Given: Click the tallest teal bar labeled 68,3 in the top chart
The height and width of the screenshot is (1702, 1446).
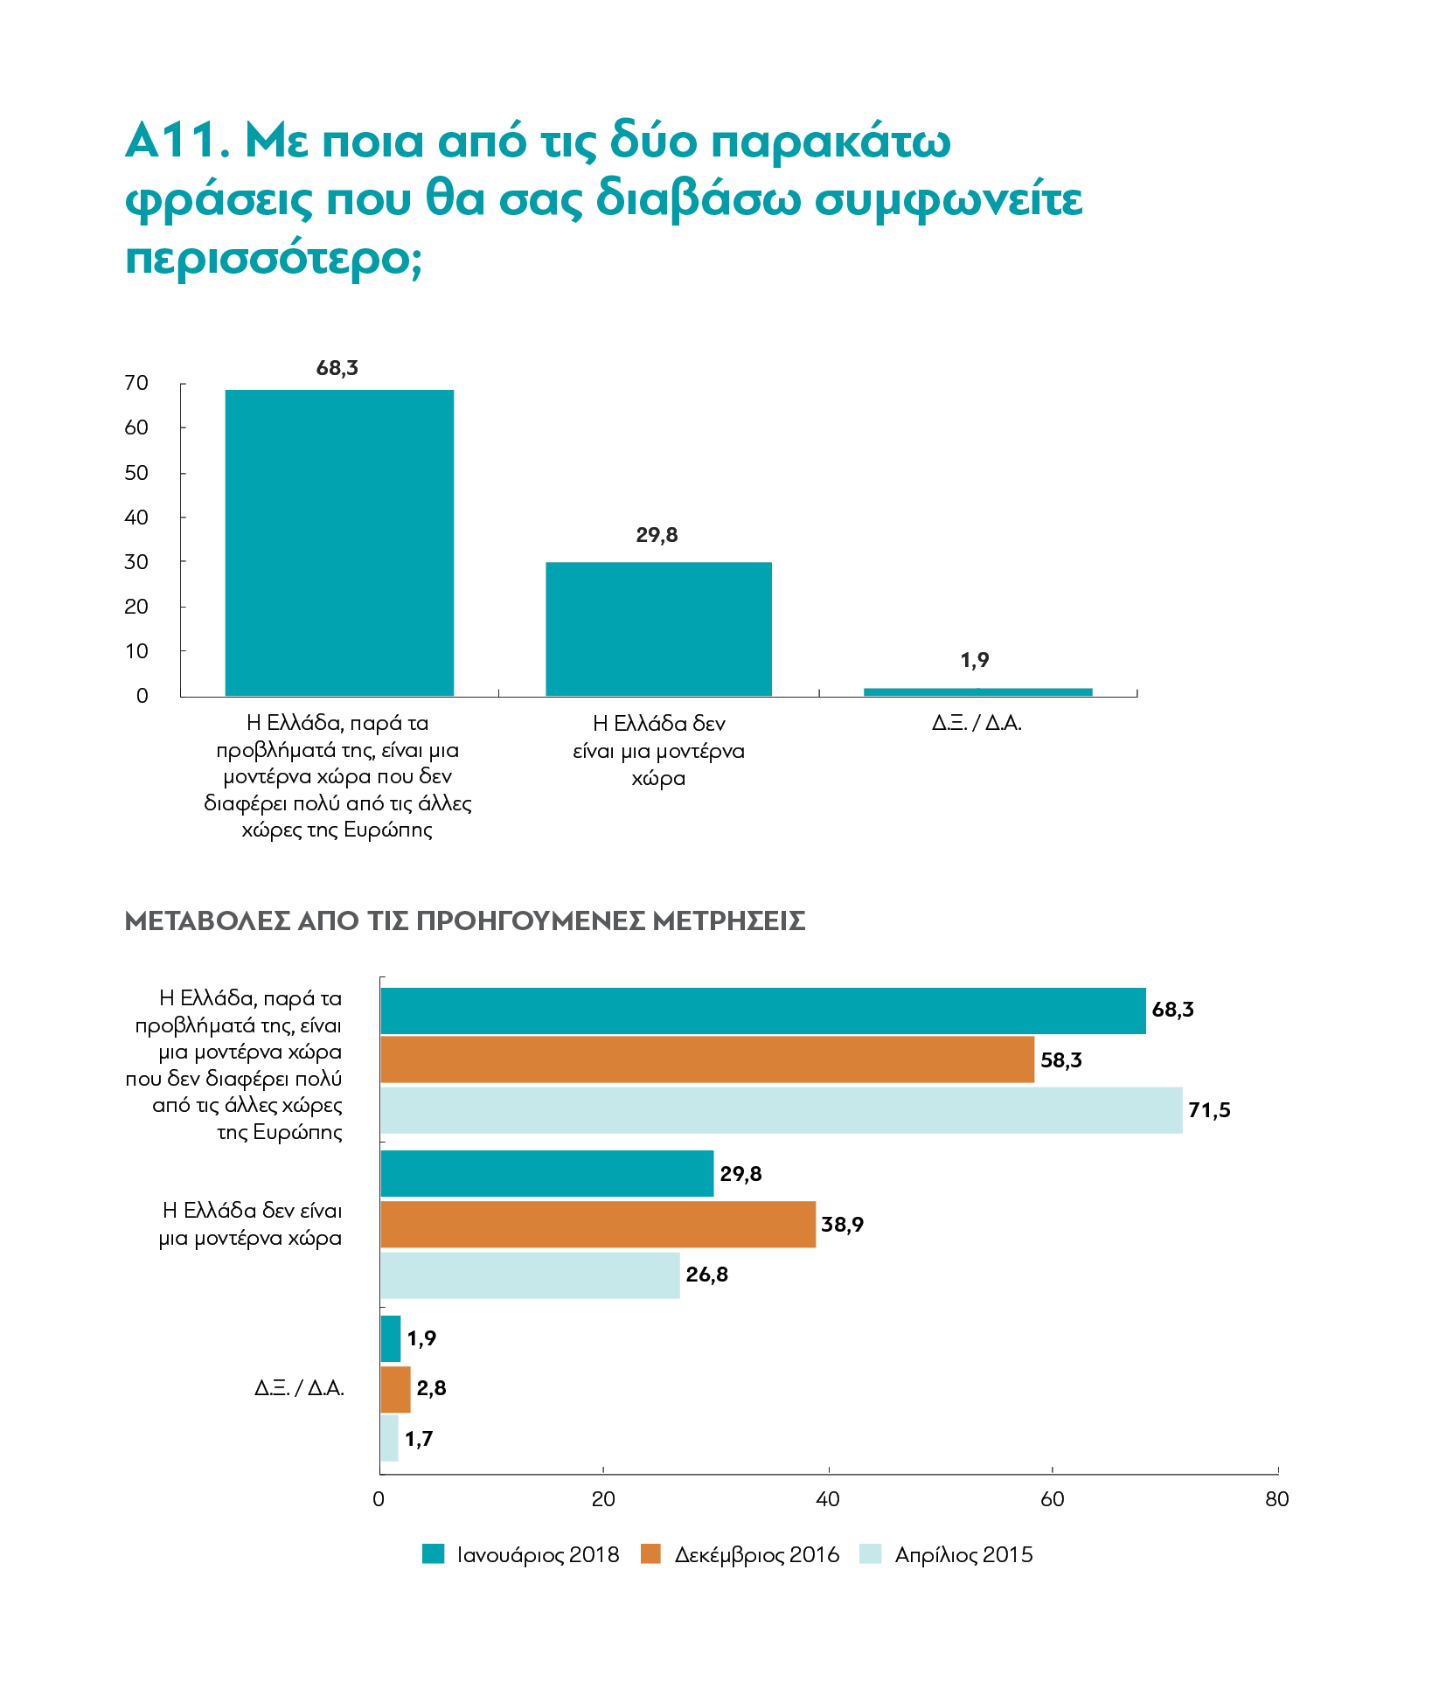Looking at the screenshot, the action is (x=339, y=542).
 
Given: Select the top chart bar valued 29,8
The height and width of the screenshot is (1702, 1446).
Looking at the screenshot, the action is (x=658, y=629).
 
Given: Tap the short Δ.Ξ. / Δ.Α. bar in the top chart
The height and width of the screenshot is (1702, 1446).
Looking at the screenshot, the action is (x=977, y=691).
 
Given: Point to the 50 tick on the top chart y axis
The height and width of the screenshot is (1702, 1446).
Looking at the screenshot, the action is (x=137, y=473).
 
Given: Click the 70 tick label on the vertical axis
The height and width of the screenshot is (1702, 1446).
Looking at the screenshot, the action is (x=137, y=383).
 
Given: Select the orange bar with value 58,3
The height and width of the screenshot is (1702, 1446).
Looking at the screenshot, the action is (x=707, y=1059).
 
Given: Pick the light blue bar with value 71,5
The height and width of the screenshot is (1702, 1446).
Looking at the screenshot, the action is (x=782, y=1110).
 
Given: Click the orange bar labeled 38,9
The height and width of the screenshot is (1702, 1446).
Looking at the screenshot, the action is (x=598, y=1224).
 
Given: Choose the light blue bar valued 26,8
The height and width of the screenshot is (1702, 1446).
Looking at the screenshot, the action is (x=530, y=1275).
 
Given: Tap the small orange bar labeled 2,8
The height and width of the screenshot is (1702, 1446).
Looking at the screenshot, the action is (x=395, y=1389).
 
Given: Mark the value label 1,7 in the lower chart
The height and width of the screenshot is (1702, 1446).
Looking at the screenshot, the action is (x=419, y=1439).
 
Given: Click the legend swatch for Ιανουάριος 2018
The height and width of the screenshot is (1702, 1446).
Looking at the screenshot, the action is (x=433, y=1553).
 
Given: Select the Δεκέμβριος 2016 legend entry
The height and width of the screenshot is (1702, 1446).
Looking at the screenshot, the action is (x=740, y=1554).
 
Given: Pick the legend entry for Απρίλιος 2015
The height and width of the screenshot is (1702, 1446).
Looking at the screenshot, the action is (x=946, y=1554).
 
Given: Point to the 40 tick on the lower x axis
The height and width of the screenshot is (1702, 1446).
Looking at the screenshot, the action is (x=827, y=1499).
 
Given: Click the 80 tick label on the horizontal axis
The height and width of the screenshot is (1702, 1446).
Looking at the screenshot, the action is (x=1277, y=1499).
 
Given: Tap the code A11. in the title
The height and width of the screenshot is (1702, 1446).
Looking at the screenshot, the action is (x=177, y=141).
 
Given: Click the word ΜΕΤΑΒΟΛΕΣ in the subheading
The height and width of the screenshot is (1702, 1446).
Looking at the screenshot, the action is (x=208, y=920).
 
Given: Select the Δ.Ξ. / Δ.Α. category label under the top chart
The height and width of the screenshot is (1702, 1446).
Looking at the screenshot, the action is (x=977, y=723).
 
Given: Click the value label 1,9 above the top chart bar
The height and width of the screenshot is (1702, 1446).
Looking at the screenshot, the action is (x=975, y=660).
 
